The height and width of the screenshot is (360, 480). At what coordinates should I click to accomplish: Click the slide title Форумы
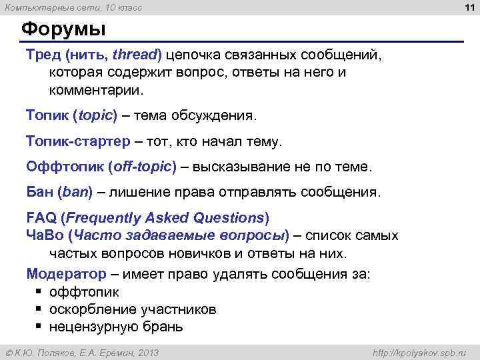click(x=63, y=31)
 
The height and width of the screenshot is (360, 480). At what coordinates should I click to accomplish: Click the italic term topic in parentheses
click(x=97, y=115)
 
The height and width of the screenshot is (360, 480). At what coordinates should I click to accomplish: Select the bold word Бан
click(x=39, y=193)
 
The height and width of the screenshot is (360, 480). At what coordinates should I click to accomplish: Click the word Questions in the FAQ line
click(x=228, y=218)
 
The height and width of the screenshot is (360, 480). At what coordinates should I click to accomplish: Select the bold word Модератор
click(x=66, y=274)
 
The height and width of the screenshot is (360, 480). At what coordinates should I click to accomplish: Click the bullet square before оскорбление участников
click(x=39, y=310)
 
